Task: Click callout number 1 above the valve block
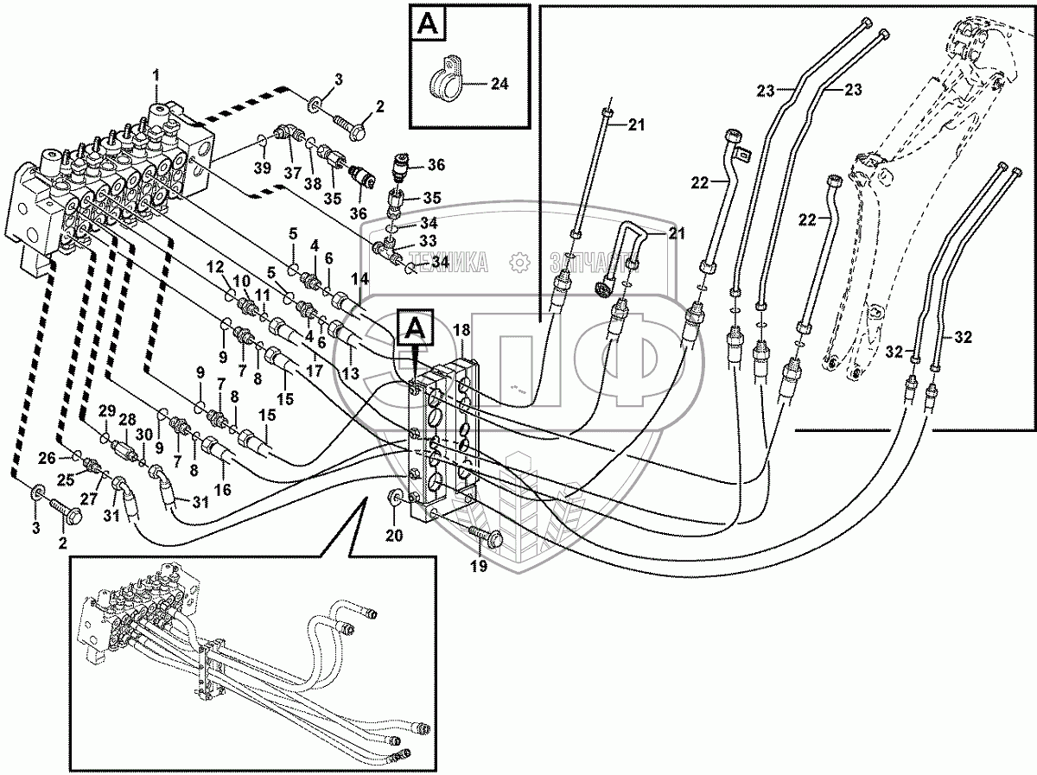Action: click(156, 75)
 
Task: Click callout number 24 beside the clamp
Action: click(499, 84)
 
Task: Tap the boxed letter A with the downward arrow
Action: click(415, 327)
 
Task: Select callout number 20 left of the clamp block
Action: click(393, 536)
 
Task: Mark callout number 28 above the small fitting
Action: click(128, 418)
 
